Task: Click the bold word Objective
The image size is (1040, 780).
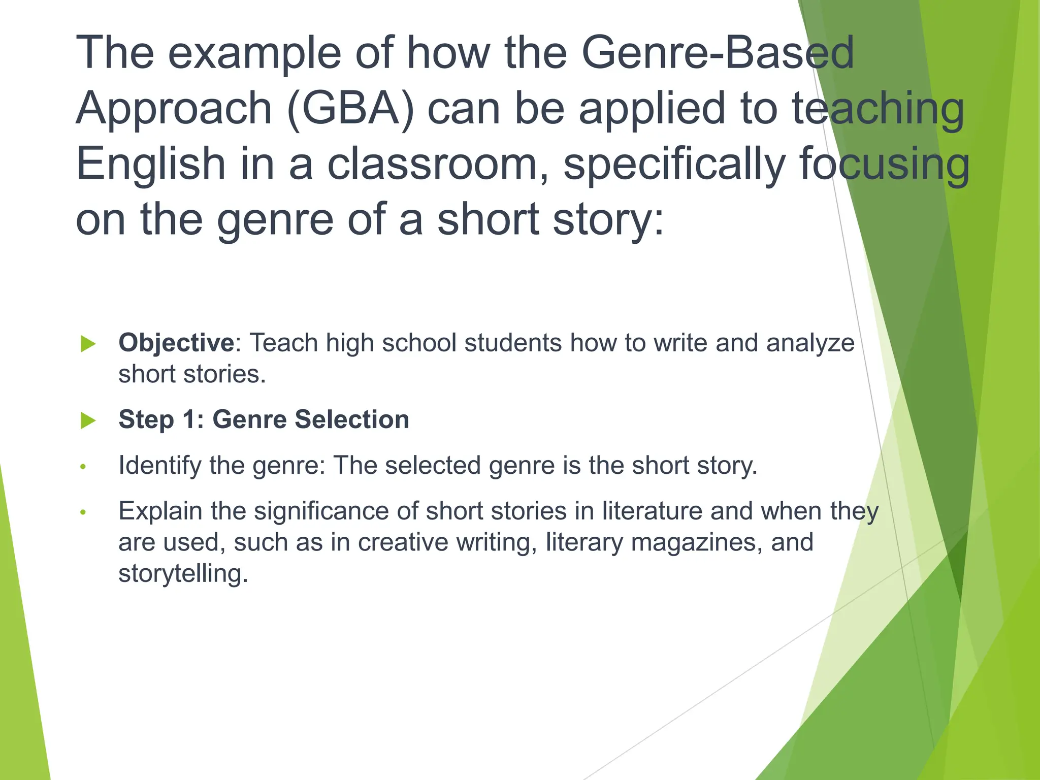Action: (176, 343)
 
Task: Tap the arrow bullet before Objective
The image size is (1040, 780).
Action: (88, 344)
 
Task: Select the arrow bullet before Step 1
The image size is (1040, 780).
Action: (88, 420)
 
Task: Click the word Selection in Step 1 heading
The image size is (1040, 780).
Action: (351, 419)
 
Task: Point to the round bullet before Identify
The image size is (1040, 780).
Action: (84, 466)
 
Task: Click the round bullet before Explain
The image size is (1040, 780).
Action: (84, 512)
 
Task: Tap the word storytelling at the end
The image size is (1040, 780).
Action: (183, 574)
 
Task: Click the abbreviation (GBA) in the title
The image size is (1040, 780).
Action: (350, 108)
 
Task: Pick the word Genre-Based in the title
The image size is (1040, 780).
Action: (718, 52)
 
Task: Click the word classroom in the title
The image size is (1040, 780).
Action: (438, 164)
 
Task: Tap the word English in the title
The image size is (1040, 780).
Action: (151, 164)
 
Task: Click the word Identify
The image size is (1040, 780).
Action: (159, 466)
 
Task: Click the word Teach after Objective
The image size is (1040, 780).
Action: (283, 343)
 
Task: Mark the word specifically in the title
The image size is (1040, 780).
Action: (674, 164)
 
